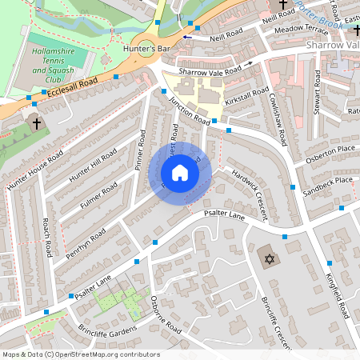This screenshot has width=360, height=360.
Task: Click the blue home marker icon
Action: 180,172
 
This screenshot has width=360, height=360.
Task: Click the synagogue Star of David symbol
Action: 270,258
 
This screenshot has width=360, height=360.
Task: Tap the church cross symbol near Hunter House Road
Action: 35,122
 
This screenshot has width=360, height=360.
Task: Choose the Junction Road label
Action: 189,110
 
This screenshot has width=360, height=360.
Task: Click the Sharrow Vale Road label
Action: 210,71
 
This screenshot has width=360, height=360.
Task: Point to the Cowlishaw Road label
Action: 278,116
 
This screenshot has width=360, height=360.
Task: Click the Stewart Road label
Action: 318,92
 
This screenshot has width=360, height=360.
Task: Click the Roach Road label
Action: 47,240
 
